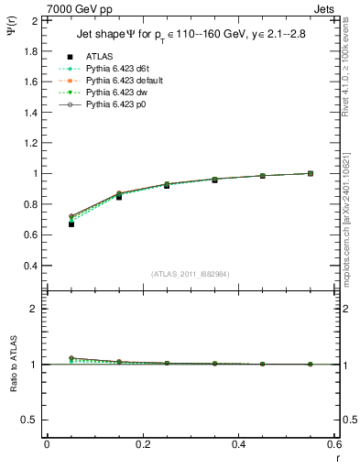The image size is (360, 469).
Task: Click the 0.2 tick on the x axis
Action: tap(142, 444)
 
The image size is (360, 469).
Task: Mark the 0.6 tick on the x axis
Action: tap(335, 444)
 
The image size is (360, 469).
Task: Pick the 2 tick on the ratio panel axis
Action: tap(35, 309)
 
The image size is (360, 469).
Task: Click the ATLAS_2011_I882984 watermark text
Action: tap(191, 274)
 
